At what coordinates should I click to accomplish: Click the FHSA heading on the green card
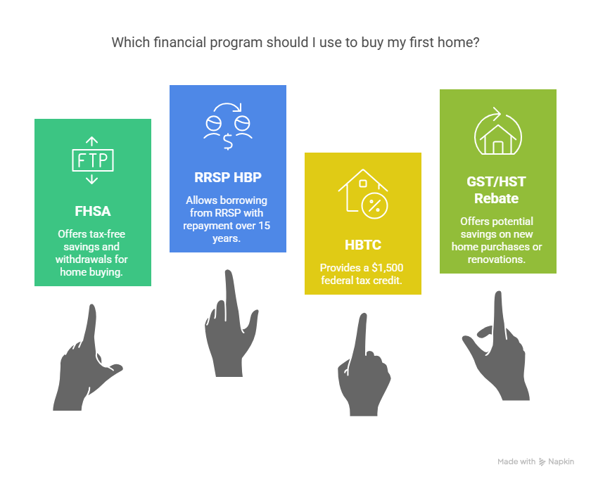click(x=93, y=211)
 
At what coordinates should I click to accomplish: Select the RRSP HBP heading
click(x=228, y=177)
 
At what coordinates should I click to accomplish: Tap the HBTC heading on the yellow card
click(x=363, y=245)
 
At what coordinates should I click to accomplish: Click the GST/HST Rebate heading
click(x=497, y=190)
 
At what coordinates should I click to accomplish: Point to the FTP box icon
click(x=93, y=160)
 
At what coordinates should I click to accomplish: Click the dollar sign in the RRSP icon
click(x=228, y=142)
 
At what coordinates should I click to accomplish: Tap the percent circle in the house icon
click(x=374, y=205)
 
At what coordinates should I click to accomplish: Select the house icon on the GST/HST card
click(x=498, y=131)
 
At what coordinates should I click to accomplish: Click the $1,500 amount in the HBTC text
click(x=388, y=268)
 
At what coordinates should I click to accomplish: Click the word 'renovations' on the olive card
click(x=497, y=259)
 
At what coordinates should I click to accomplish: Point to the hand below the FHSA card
click(x=87, y=358)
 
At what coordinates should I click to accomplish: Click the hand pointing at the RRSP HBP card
click(x=231, y=324)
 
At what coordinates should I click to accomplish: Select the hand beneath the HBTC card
click(x=363, y=366)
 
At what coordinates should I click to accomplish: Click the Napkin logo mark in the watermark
click(x=542, y=462)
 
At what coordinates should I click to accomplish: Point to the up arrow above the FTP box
click(x=91, y=141)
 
